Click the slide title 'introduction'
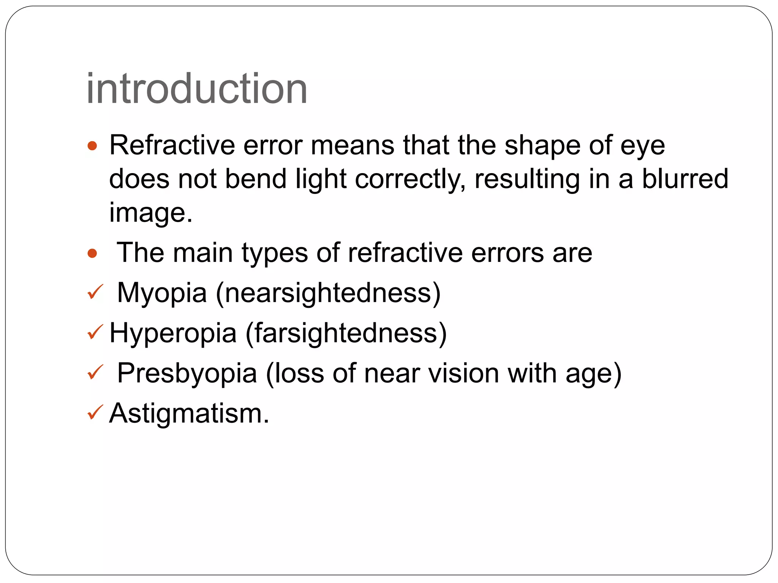point(197,89)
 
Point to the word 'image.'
point(151,213)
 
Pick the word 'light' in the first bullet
point(321,179)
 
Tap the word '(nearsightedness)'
point(328,293)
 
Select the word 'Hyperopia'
point(173,333)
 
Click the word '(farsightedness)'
point(346,334)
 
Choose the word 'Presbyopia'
point(187,373)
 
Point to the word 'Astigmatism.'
point(189,413)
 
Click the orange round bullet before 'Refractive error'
point(92,146)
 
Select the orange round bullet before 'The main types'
point(92,253)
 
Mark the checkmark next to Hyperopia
point(95,332)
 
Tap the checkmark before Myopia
point(95,292)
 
